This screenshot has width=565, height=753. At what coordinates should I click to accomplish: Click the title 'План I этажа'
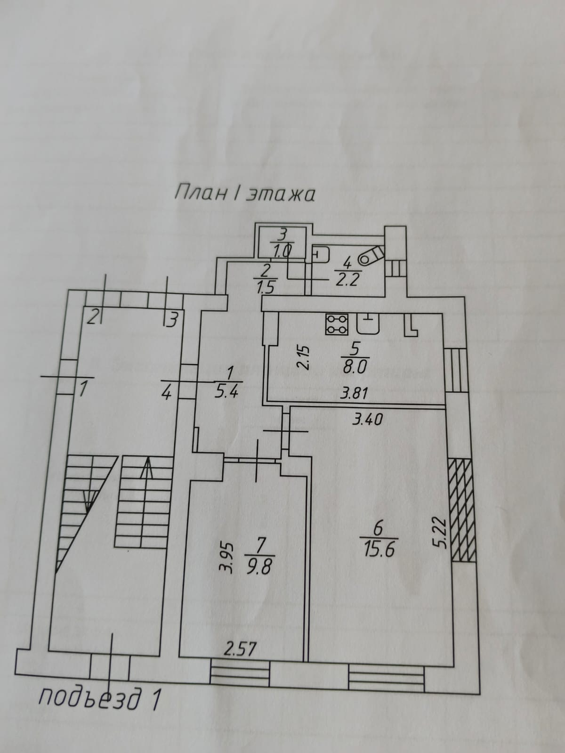[244, 194]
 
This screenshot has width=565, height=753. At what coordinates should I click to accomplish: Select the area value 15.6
[379, 550]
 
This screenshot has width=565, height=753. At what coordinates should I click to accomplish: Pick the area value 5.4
[228, 392]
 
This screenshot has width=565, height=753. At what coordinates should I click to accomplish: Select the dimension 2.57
[240, 650]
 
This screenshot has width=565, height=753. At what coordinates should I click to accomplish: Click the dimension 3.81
[354, 393]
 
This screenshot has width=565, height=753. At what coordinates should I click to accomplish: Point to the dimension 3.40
[367, 419]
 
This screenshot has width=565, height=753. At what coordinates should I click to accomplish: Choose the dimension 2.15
[304, 357]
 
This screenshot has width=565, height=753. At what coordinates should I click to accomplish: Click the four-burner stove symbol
[337, 324]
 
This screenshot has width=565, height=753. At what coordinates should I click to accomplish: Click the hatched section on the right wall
[461, 510]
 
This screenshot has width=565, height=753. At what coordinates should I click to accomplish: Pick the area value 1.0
[282, 250]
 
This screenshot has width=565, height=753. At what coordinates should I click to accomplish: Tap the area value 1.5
[266, 285]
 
